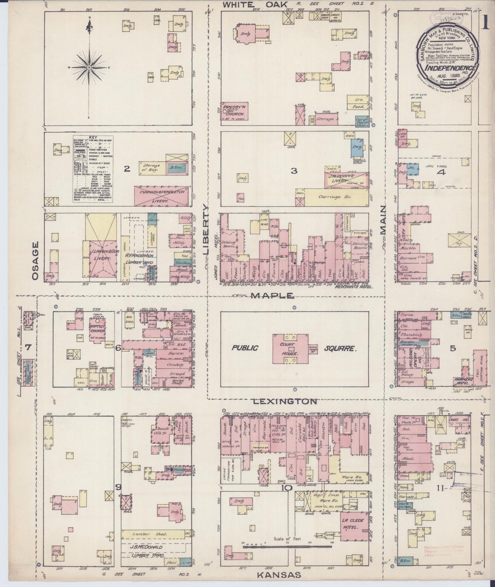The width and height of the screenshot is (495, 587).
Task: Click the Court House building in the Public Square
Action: tap(290, 349)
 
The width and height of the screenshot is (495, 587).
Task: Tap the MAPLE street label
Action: tap(272, 295)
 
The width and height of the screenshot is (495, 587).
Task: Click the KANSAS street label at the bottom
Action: tap(279, 575)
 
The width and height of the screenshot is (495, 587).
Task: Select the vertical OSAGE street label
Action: tap(35, 261)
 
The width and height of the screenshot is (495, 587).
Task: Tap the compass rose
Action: tap(89, 67)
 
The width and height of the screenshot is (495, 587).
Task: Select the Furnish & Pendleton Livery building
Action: tap(161, 196)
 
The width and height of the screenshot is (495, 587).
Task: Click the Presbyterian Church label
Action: tap(235, 110)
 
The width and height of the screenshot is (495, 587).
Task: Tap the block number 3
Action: tap(294, 171)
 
